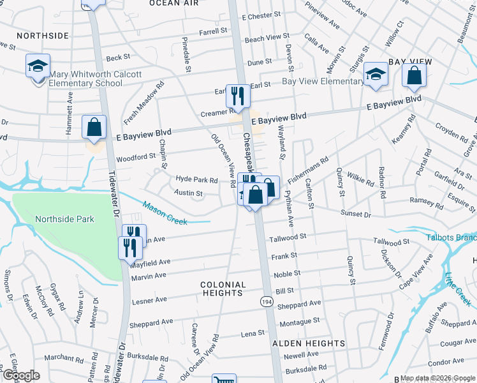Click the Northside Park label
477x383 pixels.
pos(64,219)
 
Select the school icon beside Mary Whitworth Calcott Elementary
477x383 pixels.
pos(38,66)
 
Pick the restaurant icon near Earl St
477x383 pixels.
pos(238,96)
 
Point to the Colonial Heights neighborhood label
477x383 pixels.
pos(223,289)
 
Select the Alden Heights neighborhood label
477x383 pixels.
pos(309,343)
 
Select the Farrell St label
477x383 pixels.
pos(213,31)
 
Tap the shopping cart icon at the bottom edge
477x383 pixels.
pos(223,379)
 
